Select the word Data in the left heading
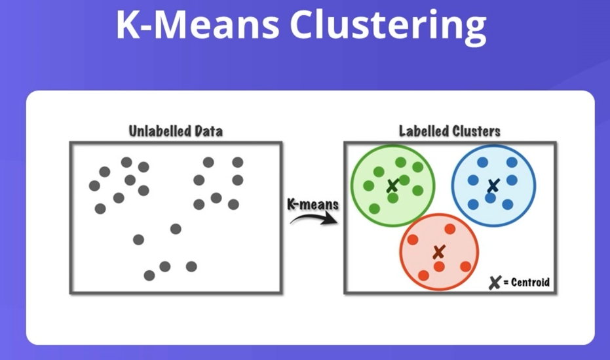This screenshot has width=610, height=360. click(x=206, y=131)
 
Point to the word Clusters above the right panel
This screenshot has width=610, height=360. click(x=477, y=131)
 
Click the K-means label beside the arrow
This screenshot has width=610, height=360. click(x=313, y=204)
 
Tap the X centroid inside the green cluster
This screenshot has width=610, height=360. click(x=392, y=186)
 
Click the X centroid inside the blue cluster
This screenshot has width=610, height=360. click(x=492, y=187)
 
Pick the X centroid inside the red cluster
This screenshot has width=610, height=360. click(x=439, y=251)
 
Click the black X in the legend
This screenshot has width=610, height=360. click(x=495, y=283)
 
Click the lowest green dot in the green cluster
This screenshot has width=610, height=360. click(x=375, y=209)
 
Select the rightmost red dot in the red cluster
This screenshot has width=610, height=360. click(x=465, y=266)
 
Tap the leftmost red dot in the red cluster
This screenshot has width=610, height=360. click(x=413, y=239)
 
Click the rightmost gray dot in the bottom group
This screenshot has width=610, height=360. click(x=191, y=266)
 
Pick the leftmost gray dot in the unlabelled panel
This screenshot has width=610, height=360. click(x=94, y=186)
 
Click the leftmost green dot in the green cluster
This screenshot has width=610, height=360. click(x=368, y=186)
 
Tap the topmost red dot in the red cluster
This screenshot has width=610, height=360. click(x=449, y=229)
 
